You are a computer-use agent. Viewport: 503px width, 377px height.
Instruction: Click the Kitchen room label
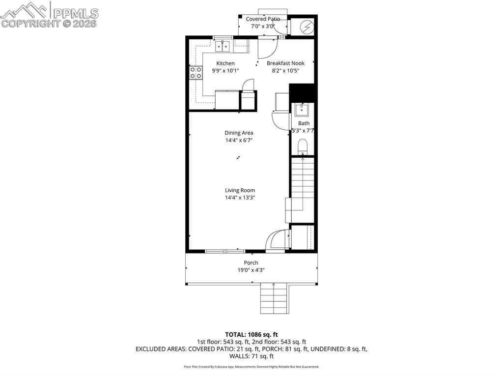[x=225, y=63]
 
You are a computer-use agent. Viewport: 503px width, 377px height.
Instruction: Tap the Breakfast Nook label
[x=285, y=63]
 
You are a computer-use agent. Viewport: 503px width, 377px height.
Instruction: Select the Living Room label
[x=240, y=190]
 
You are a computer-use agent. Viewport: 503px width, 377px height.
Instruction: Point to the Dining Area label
[x=239, y=133]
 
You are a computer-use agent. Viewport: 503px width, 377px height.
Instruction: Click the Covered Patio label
[x=263, y=19]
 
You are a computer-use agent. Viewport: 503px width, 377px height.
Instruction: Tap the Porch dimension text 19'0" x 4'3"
[x=251, y=270]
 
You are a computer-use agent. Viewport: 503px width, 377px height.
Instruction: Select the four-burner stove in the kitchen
[x=196, y=73]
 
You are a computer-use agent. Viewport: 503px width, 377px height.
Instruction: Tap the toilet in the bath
[x=303, y=145]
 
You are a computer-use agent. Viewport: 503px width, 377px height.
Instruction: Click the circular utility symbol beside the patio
[x=306, y=26]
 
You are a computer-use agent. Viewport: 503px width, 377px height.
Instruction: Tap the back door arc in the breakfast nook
[x=269, y=48]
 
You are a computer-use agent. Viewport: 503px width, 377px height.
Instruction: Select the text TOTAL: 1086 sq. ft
[x=251, y=334]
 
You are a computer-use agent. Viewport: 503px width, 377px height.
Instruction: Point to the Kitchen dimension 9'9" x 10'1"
[x=225, y=71]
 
